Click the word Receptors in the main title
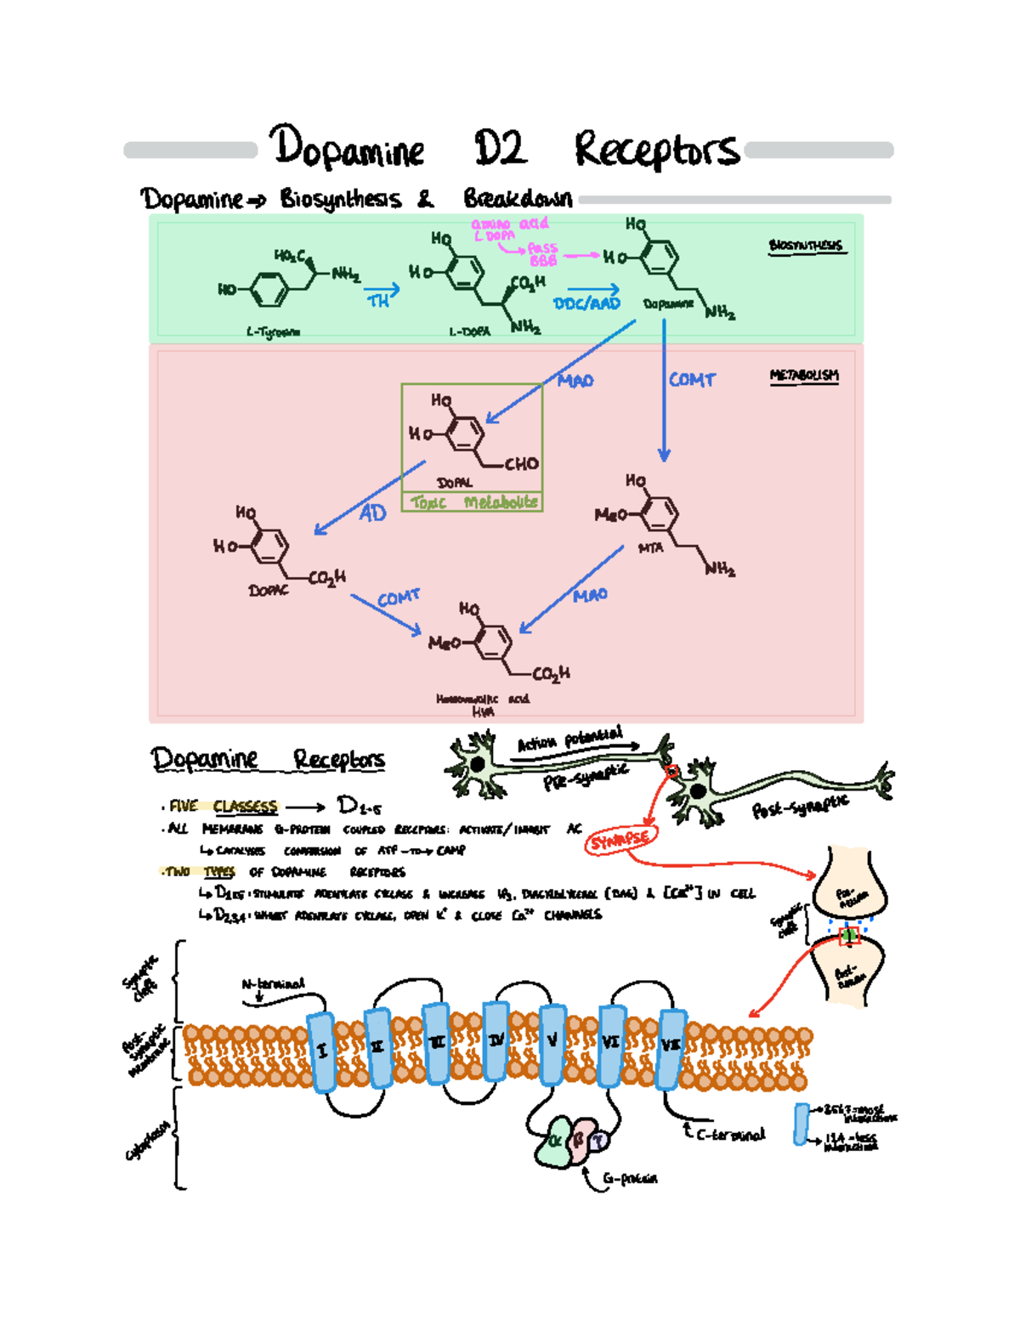pyautogui.click(x=656, y=150)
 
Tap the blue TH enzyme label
pyautogui.click(x=378, y=301)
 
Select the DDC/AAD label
pyautogui.click(x=586, y=303)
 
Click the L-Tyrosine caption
pyautogui.click(x=273, y=332)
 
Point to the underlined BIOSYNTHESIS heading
pyautogui.click(x=805, y=246)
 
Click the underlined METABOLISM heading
pyautogui.click(x=804, y=375)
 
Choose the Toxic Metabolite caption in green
pyautogui.click(x=473, y=502)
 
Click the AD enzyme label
pyautogui.click(x=372, y=513)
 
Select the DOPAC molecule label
pyautogui.click(x=268, y=590)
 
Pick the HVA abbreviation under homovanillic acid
pyautogui.click(x=482, y=711)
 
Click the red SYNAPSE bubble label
pyautogui.click(x=620, y=840)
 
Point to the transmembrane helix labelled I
pyautogui.click(x=322, y=1051)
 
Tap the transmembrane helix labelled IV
pyautogui.click(x=496, y=1040)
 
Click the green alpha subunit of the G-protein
pyautogui.click(x=553, y=1142)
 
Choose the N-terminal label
pyautogui.click(x=273, y=984)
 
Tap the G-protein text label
pyautogui.click(x=630, y=1179)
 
